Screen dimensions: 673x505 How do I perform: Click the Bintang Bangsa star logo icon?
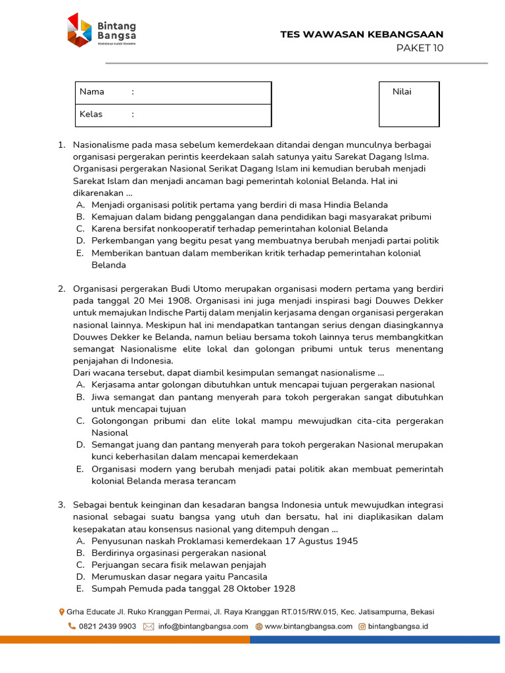79,30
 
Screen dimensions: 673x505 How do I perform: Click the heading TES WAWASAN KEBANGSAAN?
362,34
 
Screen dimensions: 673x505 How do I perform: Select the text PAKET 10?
420,47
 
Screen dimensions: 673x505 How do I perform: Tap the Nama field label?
92,92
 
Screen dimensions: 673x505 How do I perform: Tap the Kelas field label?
91,114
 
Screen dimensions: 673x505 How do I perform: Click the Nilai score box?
409,104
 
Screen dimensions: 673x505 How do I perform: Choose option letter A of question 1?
80,205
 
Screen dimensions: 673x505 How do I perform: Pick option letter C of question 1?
80,229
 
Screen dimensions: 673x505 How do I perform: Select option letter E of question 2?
80,469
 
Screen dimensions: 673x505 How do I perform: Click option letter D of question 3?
80,577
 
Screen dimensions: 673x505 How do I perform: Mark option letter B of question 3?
80,553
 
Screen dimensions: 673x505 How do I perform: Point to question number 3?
61,505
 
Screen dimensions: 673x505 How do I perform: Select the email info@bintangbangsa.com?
203,626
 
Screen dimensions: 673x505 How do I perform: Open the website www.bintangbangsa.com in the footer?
308,626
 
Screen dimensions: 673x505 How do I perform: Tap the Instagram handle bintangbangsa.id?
398,626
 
